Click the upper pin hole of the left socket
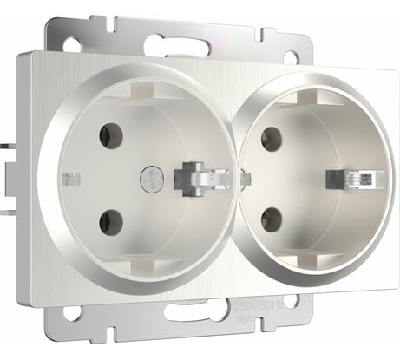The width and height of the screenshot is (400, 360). click(x=110, y=134)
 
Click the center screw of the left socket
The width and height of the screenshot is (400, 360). click(x=150, y=179)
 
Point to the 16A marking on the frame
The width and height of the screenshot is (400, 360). click(x=244, y=318)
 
